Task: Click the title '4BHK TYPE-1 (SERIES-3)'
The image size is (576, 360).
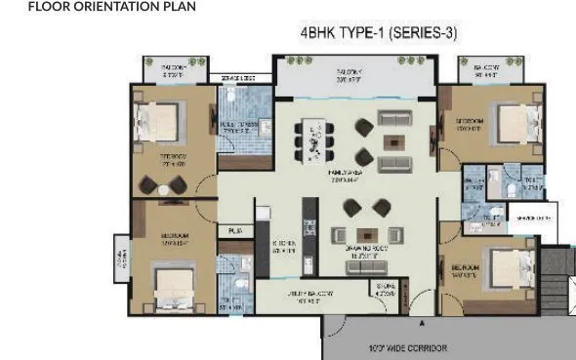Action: click(x=379, y=33)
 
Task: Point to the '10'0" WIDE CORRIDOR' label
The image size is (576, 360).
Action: click(x=408, y=348)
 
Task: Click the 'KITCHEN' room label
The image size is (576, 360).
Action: click(x=282, y=247)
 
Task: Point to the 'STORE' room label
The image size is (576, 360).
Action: click(x=386, y=288)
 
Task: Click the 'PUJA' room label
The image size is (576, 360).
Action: click(x=234, y=230)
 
